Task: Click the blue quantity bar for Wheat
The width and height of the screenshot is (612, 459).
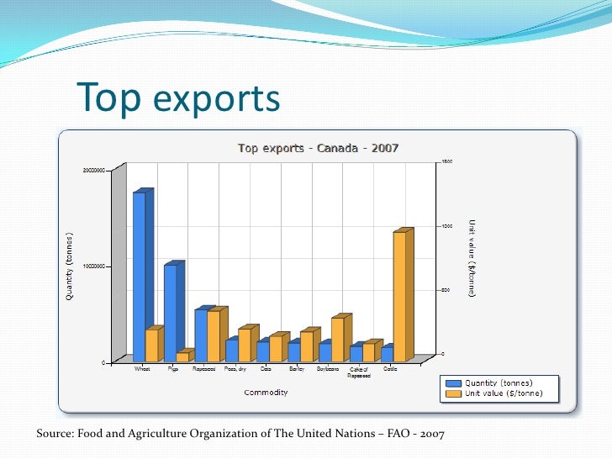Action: click(139, 277)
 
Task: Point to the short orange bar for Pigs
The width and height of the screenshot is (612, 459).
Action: click(182, 356)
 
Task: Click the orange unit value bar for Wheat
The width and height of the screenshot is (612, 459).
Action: click(151, 345)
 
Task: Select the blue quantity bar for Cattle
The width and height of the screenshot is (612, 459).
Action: click(387, 354)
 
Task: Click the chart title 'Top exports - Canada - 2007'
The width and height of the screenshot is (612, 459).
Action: click(318, 149)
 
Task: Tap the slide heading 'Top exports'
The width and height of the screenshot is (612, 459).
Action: click(178, 98)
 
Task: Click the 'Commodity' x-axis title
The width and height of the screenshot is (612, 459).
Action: click(266, 393)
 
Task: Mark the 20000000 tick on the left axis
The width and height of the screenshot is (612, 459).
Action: click(93, 170)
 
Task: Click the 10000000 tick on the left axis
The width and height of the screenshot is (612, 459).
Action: click(93, 266)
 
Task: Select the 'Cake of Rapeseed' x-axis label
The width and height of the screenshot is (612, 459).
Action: click(359, 372)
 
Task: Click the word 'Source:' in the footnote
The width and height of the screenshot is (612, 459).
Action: click(55, 433)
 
